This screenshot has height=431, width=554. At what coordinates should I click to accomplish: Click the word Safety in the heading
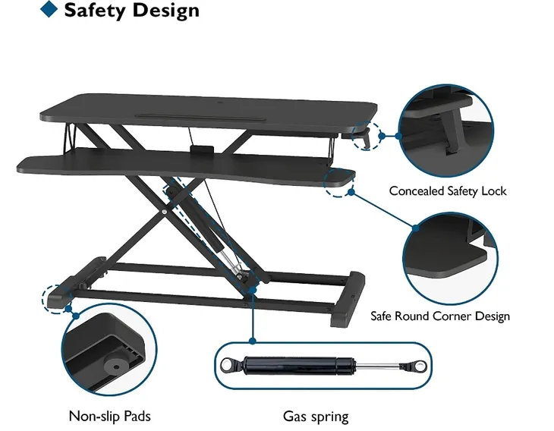click(95, 10)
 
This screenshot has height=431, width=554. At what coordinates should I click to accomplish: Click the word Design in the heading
click(165, 11)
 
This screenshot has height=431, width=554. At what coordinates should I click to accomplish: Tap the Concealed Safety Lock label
click(448, 190)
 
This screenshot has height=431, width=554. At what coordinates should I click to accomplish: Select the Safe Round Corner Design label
click(440, 316)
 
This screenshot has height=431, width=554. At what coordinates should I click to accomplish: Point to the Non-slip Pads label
click(110, 416)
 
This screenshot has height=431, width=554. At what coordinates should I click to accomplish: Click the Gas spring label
click(316, 416)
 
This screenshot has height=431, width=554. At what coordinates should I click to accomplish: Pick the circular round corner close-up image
click(449, 259)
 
